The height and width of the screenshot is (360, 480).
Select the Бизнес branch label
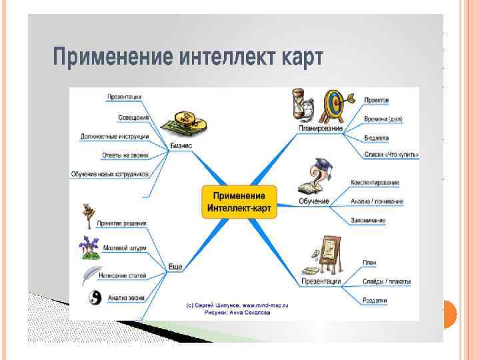pos(181,145)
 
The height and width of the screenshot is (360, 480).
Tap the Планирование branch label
pos(320,127)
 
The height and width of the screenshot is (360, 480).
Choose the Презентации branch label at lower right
pos(321,281)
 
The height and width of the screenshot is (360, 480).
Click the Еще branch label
pos(175,267)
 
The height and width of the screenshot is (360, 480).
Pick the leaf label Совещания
pos(133,117)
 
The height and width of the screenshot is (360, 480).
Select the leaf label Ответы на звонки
pos(125,155)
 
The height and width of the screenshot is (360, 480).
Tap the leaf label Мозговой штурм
pos(125,248)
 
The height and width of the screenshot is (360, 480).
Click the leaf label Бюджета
pos(377,138)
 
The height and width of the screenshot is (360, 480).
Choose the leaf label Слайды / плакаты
pos(387,282)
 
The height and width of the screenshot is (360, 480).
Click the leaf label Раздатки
pos(375,301)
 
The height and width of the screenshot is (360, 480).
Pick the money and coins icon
pos(185,123)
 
